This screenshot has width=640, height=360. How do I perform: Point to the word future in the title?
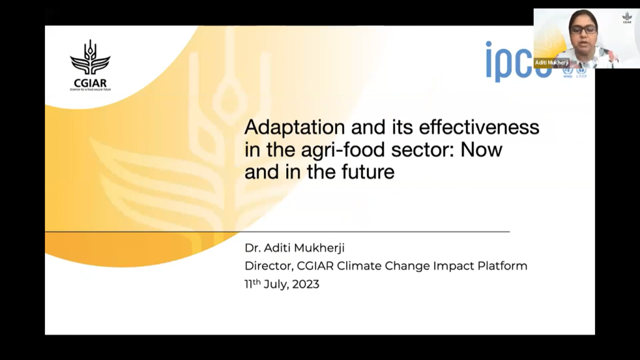coord(367,172)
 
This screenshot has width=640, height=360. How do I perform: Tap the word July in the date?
coord(274,284)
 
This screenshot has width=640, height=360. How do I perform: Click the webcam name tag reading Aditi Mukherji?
coord(551,62)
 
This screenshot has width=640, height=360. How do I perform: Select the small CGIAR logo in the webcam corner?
coord(627,17)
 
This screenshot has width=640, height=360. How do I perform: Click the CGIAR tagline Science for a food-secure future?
coord(90,89)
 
